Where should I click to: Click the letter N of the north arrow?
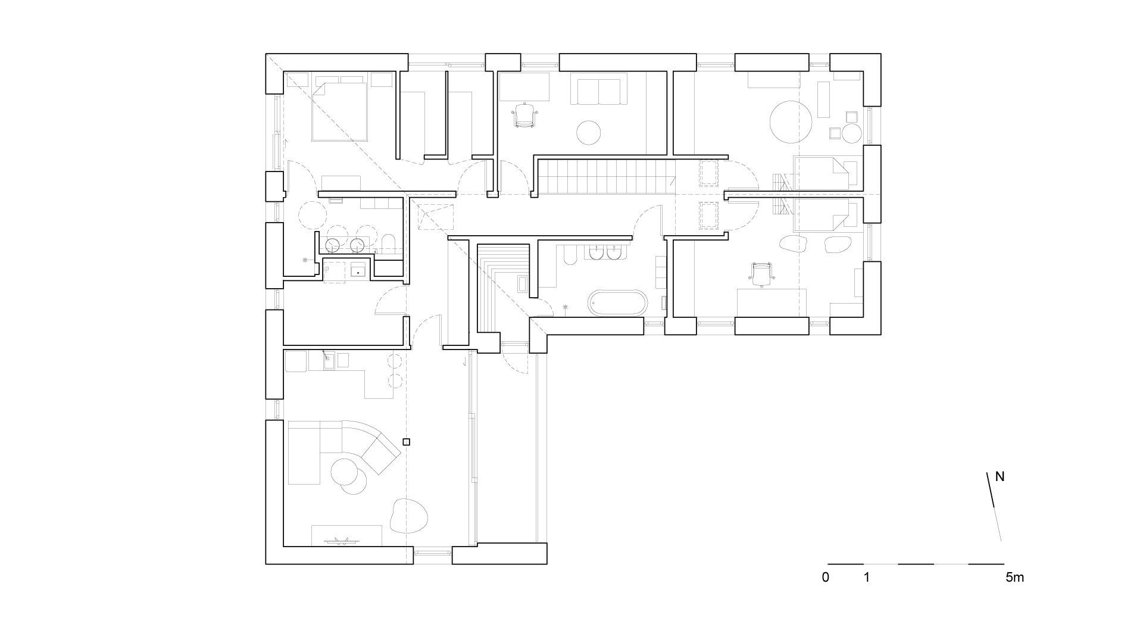click(1000, 477)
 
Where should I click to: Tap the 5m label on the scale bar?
click(1015, 577)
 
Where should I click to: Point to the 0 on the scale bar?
click(825, 577)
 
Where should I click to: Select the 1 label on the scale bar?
click(867, 577)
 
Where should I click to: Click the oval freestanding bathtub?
click(617, 303)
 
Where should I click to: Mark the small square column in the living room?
click(407, 442)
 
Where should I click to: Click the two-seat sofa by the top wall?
click(598, 89)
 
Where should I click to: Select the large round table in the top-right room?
click(791, 121)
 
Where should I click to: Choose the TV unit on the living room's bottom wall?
click(347, 535)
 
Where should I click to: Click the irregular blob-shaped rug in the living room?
click(408, 515)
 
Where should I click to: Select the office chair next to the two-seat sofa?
click(524, 115)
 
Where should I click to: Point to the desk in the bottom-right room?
click(772, 302)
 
